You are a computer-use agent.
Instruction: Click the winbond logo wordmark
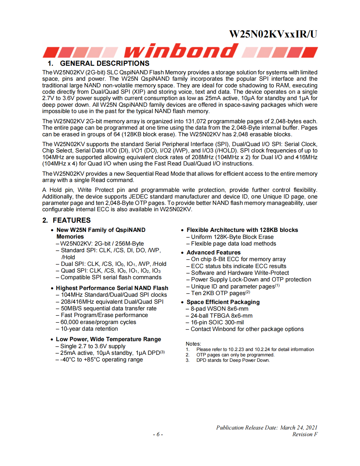pyautogui.click(x=181, y=51)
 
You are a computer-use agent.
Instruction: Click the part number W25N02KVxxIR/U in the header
pyautogui.click(x=273, y=34)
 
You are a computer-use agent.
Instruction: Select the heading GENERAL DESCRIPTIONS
pyautogui.click(x=104, y=64)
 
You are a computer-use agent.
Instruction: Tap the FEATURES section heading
pyautogui.click(x=71, y=220)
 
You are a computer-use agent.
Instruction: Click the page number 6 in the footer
pyautogui.click(x=158, y=434)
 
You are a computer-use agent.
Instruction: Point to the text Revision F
pyautogui.click(x=305, y=434)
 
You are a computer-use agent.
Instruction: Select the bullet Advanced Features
pyautogui.click(x=213, y=253)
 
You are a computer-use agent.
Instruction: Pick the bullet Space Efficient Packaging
pyautogui.click(x=223, y=302)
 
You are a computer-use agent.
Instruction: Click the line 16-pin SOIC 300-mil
pyautogui.click(x=217, y=322)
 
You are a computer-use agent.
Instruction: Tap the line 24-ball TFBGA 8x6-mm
pyautogui.click(x=221, y=316)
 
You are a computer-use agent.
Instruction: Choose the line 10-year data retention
pyautogui.click(x=89, y=329)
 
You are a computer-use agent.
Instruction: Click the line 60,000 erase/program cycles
pyautogui.click(x=98, y=322)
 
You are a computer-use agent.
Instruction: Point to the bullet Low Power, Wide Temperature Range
pyautogui.click(x=108, y=339)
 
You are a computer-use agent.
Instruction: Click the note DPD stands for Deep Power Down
pyautogui.click(x=233, y=360)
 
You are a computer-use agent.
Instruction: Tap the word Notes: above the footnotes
pyautogui.click(x=193, y=344)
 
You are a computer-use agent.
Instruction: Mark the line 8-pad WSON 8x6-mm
pyautogui.click(x=219, y=309)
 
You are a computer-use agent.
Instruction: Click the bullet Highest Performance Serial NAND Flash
pyautogui.click(x=112, y=288)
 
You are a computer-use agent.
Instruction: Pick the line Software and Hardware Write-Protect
pyautogui.click(x=240, y=273)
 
